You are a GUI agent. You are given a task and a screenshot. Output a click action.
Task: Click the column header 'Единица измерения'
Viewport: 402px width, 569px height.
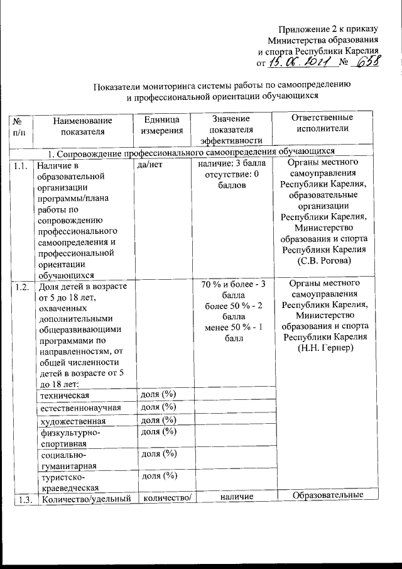click(161, 125)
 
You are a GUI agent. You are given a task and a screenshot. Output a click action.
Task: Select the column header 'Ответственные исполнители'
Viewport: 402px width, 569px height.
click(322, 123)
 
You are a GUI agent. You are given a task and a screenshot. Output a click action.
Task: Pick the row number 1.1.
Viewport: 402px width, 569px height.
click(21, 166)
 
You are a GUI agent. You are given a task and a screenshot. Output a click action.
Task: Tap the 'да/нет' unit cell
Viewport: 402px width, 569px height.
click(149, 166)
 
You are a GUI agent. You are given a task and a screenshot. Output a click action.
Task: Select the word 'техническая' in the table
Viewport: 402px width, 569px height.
click(63, 395)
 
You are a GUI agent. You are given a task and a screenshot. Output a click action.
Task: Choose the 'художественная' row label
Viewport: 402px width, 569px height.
click(70, 421)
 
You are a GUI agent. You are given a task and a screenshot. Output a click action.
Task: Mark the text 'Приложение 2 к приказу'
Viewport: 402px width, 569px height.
click(330, 29)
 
